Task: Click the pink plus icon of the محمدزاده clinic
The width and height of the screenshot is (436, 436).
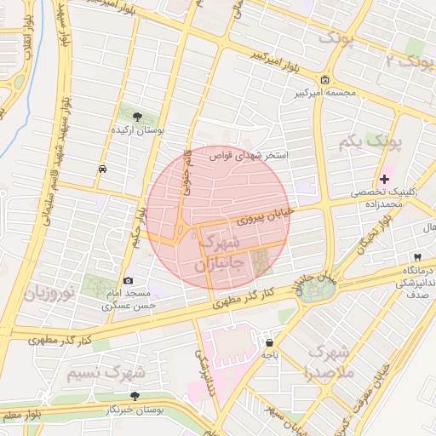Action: pyautogui.click(x=385, y=179)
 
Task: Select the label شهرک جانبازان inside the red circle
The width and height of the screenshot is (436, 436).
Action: pyautogui.click(x=220, y=254)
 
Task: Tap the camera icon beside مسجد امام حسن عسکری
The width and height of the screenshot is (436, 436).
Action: pyautogui.click(x=129, y=281)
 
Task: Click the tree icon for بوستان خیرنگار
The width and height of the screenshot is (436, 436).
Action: pyautogui.click(x=135, y=396)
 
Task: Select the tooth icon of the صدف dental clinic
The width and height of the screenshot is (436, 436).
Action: pyautogui.click(x=417, y=256)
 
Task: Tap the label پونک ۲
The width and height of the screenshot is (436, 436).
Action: pyautogui.click(x=405, y=61)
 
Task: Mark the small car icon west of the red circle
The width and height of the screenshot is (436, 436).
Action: pyautogui.click(x=103, y=169)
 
